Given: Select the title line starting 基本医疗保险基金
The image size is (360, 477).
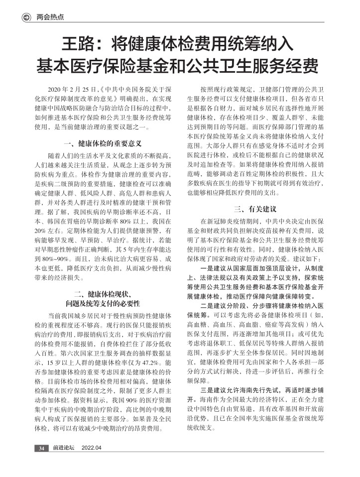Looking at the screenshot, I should (180, 66).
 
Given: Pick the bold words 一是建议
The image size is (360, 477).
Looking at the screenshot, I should (215, 268).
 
